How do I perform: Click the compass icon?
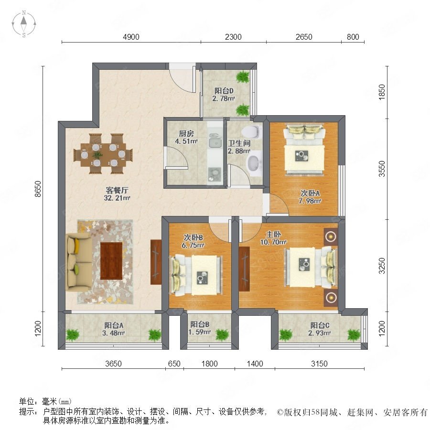pos(24,24)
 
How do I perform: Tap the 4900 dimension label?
pos(131,37)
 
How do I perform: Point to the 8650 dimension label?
pos(38,189)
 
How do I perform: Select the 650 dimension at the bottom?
pos(174,364)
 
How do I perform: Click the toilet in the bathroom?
pos(252,131)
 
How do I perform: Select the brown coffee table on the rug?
pos(111,261)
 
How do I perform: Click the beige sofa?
pos(79,262)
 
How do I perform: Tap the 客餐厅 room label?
pos(117,190)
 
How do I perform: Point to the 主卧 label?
pos(273,235)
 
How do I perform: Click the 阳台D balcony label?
pos(224,91)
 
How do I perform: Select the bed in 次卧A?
pos(304,150)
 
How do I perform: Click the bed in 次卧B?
pos(197,275)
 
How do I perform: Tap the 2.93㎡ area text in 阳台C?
pos(320,333)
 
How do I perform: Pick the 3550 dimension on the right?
pos(382,169)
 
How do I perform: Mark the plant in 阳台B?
pos(222,335)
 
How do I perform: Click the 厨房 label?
pos(186,134)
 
